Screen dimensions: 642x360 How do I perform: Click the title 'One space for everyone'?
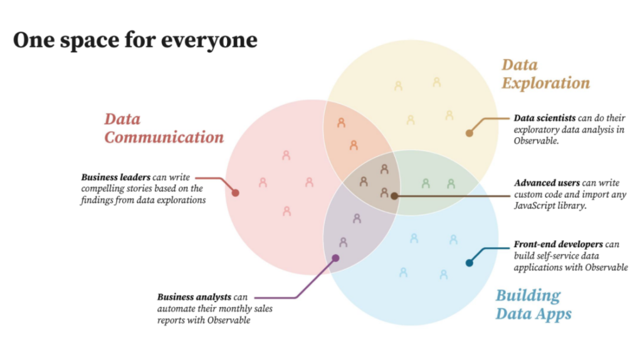coord(135,41)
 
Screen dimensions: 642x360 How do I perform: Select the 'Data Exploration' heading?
coord(546,74)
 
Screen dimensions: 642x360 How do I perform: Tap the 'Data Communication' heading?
coord(164,128)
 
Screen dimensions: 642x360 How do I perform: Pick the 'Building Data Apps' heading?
coord(534,305)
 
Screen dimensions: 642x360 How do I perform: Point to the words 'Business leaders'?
coord(115,177)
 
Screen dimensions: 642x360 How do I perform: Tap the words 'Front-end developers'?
coord(558,245)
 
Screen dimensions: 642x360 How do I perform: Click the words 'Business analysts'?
coord(194,297)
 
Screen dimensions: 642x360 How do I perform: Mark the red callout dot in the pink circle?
coord(236,193)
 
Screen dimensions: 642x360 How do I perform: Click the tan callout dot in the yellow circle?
coord(469,133)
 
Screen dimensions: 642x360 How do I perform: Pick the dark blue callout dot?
coord(469,263)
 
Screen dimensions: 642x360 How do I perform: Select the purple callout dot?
coord(335,258)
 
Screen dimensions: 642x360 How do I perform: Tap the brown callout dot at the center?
coord(394,196)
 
